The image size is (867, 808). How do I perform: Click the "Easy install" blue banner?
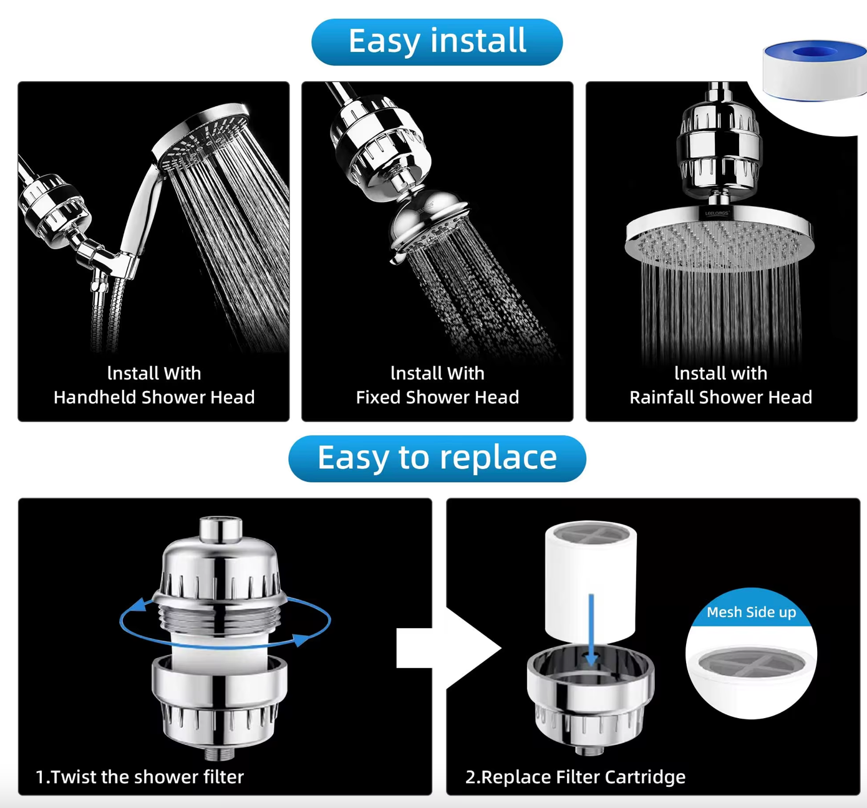[x=437, y=42]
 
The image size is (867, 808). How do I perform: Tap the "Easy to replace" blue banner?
[x=437, y=458]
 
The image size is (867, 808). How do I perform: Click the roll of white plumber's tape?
[x=815, y=71]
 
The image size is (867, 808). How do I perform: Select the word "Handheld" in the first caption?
[x=94, y=397]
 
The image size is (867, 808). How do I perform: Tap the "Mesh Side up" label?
[x=752, y=612]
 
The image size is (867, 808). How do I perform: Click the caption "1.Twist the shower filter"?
[x=140, y=777]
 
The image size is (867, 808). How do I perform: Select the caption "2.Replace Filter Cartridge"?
[x=575, y=777]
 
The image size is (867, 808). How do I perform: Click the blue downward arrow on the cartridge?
[x=591, y=629]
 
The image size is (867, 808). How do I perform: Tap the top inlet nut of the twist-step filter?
[x=220, y=528]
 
